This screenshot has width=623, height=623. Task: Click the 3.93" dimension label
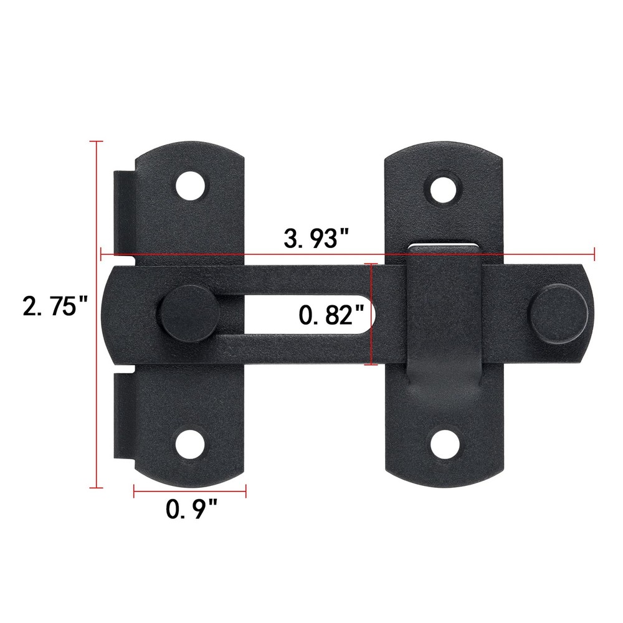[316, 239]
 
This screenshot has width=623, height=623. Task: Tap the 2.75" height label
[55, 307]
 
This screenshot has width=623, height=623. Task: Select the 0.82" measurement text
[331, 315]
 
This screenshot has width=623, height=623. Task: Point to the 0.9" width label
[191, 510]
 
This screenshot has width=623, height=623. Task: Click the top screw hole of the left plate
[191, 186]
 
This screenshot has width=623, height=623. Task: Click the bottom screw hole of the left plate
[191, 444]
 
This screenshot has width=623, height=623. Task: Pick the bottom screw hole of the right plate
[445, 442]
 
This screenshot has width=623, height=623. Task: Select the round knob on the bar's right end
[558, 315]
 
